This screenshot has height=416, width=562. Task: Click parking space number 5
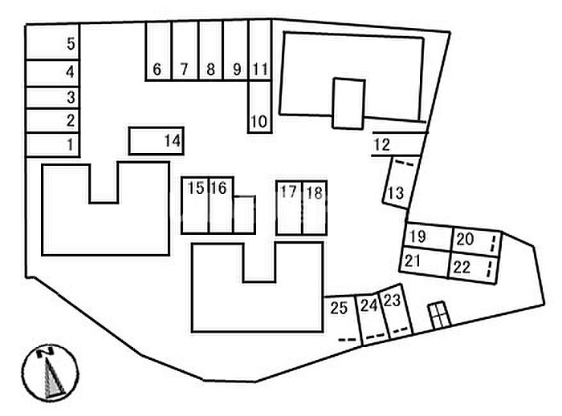52,42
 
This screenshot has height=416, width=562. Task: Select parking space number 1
52,144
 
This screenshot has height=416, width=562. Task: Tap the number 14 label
173,140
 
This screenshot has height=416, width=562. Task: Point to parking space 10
259,107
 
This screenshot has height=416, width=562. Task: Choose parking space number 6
158,51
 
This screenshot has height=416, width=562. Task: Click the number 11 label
260,69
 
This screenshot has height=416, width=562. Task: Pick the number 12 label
381,144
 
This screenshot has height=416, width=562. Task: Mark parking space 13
401,182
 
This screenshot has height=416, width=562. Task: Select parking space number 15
195,205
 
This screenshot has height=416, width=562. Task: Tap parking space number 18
315,208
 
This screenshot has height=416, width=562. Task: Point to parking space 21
425,262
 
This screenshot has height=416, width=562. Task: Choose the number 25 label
339,308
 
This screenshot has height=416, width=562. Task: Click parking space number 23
396,310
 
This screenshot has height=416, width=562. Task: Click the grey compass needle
53,378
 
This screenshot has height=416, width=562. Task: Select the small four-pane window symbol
440,316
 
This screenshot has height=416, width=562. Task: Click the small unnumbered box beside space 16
244,215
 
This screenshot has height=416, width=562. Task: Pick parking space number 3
52,97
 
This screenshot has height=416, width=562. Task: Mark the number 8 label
210,69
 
